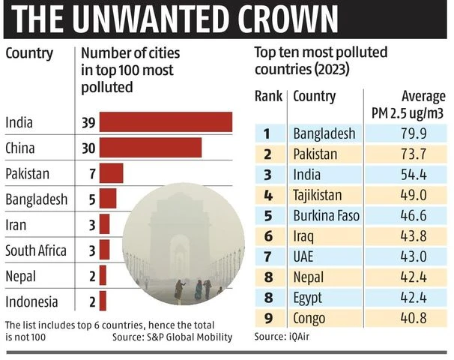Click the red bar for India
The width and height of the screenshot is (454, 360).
click(166, 122)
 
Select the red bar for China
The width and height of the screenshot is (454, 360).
click(150, 148)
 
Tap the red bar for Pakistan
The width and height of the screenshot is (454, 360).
click(111, 174)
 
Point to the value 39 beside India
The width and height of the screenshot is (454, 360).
click(88, 122)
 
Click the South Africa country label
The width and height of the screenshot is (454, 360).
click(36, 250)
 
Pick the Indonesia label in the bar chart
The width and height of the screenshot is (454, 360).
click(31, 302)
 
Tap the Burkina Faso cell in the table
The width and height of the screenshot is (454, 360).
click(326, 216)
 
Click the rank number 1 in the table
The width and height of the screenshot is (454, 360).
click(267, 134)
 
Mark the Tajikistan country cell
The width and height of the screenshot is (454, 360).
click(317, 196)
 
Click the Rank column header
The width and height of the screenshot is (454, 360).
click(268, 97)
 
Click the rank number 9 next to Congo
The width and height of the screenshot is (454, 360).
click(267, 318)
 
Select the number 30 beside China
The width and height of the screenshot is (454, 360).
click(88, 148)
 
